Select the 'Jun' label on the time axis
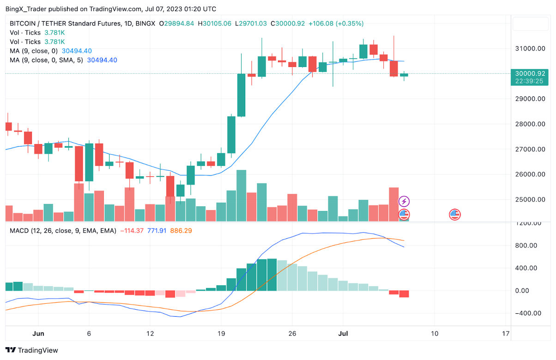[38, 333]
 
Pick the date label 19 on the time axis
[221, 333]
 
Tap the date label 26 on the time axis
[291, 333]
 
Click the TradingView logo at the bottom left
[32, 350]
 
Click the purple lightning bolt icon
[404, 201]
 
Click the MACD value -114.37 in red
[132, 230]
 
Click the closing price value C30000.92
[287, 23]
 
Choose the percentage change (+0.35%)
[350, 23]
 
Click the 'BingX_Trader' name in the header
[26, 9]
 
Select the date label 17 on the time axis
[506, 333]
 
